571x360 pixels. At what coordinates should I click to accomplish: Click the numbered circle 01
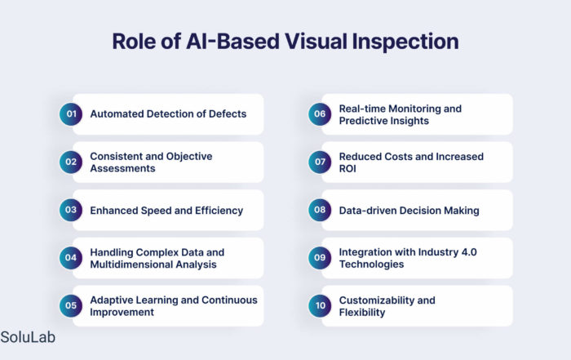(71, 114)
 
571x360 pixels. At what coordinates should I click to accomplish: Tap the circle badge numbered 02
(71, 162)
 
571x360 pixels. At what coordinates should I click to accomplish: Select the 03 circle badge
(71, 210)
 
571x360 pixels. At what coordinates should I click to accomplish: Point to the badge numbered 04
(71, 258)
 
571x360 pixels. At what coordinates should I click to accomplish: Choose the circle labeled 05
(71, 305)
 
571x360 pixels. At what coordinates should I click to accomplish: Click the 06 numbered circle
(320, 114)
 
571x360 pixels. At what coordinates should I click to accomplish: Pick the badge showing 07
(320, 162)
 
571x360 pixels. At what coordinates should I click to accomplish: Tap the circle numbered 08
(320, 210)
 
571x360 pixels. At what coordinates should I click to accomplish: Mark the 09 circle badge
(320, 258)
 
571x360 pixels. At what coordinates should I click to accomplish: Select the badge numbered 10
(320, 305)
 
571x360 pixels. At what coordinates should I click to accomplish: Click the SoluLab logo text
(28, 337)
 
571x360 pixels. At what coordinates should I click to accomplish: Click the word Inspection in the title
(405, 42)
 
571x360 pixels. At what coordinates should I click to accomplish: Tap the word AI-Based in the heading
(233, 41)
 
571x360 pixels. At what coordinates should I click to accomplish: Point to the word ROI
(347, 169)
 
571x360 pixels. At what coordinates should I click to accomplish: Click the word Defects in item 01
(228, 114)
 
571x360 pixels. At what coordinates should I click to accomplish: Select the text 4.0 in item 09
(469, 252)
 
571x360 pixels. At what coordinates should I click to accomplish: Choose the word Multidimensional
(131, 264)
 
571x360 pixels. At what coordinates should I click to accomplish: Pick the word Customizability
(377, 300)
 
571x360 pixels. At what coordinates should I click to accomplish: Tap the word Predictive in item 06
(361, 121)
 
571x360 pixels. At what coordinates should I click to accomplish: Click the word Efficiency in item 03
(219, 211)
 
